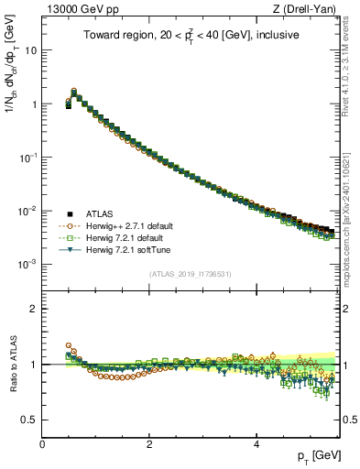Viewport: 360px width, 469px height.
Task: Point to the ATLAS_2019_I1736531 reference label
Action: pyautogui.click(x=191, y=274)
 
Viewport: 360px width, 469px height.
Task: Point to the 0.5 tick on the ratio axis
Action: pyautogui.click(x=29, y=420)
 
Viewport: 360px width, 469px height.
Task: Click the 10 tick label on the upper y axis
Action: pyautogui.click(x=30, y=50)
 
